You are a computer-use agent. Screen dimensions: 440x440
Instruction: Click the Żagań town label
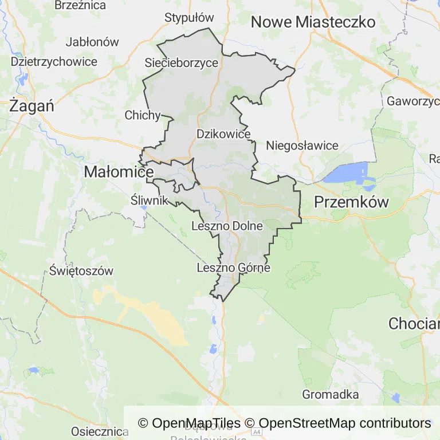(32, 106)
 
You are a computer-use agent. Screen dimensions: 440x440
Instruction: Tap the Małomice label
(119, 171)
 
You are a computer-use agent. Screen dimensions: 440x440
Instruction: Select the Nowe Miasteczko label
(313, 22)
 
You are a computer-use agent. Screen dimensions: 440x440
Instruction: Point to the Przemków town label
(352, 202)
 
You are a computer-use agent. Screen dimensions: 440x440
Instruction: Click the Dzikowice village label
(223, 133)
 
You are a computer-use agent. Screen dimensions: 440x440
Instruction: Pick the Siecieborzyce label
(182, 62)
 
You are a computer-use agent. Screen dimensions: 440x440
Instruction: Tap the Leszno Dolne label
(227, 226)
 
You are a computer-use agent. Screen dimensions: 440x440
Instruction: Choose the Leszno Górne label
(233, 267)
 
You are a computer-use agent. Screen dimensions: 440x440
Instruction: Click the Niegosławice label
(302, 146)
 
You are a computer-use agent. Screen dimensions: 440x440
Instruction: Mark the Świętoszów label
(81, 270)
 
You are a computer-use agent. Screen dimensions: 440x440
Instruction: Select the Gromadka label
(330, 394)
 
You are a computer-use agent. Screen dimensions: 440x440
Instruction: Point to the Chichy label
(143, 115)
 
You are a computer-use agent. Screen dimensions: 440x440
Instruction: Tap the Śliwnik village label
(149, 200)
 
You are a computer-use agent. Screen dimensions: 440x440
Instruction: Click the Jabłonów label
(92, 42)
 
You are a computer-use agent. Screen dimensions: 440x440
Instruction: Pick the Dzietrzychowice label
(54, 62)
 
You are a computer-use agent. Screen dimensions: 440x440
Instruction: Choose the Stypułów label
(188, 18)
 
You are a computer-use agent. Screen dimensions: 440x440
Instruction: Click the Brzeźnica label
(80, 5)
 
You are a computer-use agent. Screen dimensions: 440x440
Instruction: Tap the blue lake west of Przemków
(346, 172)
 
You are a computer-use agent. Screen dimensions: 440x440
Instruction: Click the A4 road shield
(256, 431)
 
